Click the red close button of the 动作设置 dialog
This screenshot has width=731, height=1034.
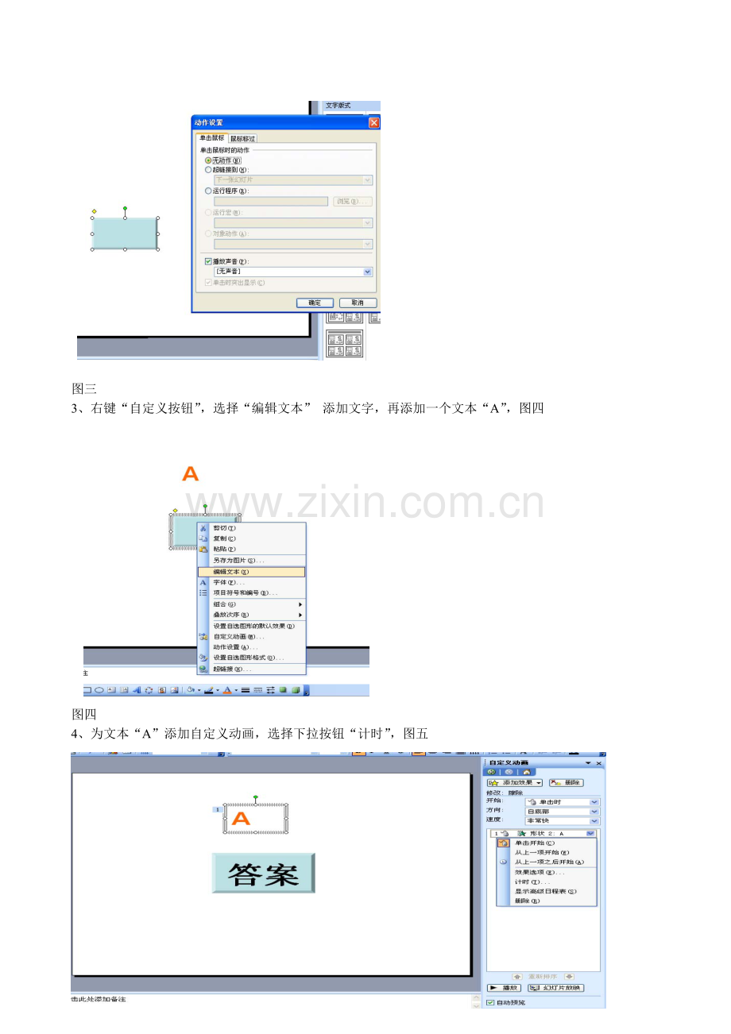374,122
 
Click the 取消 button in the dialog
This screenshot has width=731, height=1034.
358,303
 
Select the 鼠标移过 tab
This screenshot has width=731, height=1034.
243,138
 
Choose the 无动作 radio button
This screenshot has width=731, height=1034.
209,160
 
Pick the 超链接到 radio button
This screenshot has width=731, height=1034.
209,169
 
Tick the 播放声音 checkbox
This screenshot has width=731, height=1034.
209,261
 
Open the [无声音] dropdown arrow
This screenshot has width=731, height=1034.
367,272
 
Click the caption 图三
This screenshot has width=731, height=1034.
84,388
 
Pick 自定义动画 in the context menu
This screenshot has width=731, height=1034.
238,636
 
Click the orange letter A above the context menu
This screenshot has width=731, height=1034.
191,474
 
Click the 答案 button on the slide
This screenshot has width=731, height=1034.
264,873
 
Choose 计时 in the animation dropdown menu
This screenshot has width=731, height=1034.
532,882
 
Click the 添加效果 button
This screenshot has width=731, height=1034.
515,782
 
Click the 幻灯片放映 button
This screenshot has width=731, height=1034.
556,987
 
